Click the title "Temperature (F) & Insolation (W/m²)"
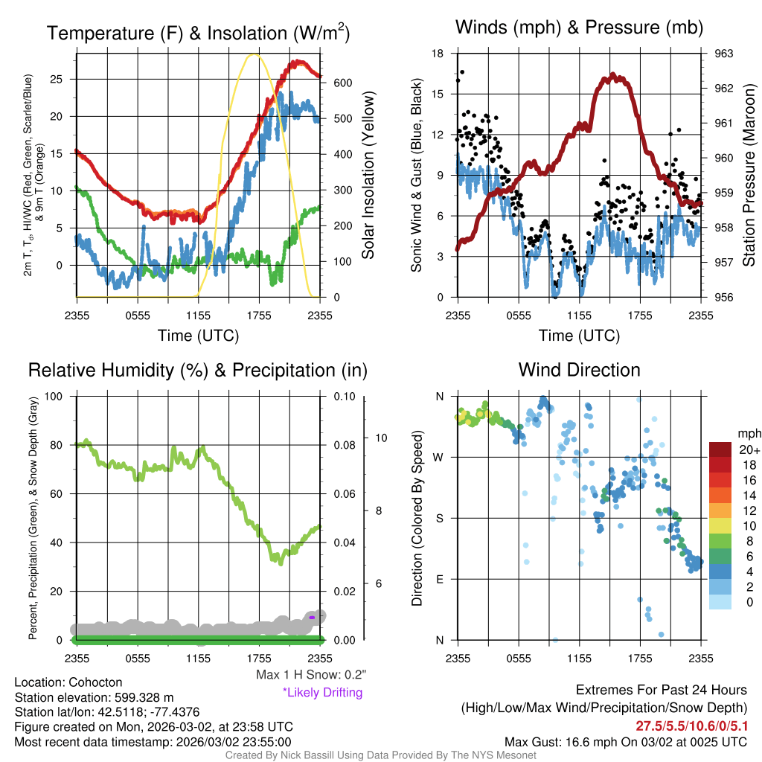pos(198,33)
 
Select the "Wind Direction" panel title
pos(579,370)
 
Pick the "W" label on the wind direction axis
pos(439,457)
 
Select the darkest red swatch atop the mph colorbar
pos(721,449)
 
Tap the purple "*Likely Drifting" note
pos(322,692)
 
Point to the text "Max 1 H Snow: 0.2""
pos(311,674)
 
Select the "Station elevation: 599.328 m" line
pos(94,697)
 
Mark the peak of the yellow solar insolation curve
pos(254,54)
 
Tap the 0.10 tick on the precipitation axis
pos(344,396)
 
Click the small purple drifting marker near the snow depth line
pos(313,617)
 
